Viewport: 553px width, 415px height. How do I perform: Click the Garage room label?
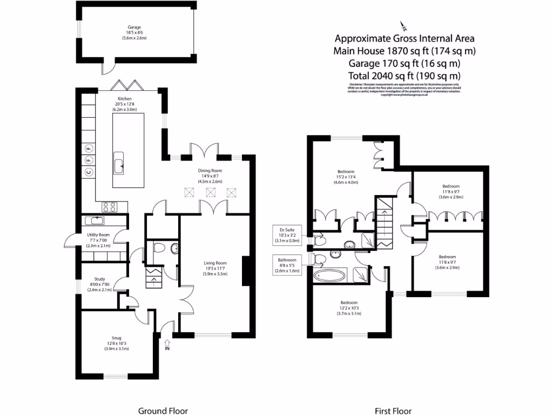click(130, 32)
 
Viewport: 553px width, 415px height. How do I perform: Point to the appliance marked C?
click(89, 172)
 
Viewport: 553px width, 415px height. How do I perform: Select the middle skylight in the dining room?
click(210, 192)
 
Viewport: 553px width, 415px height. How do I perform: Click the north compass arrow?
click(403, 25)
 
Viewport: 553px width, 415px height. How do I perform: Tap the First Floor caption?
click(390, 411)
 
